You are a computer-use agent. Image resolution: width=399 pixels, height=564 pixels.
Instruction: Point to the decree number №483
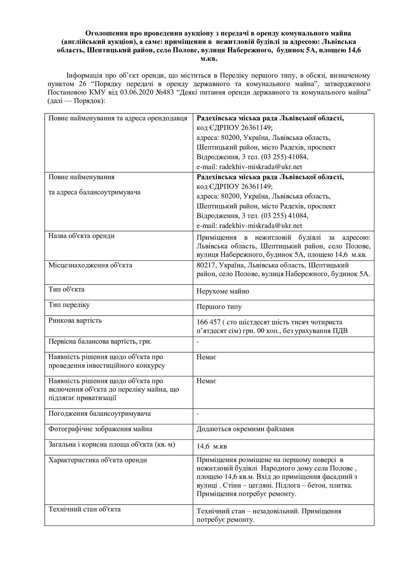click(165, 92)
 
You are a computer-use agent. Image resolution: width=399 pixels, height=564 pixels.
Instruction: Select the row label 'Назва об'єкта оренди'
click(82, 236)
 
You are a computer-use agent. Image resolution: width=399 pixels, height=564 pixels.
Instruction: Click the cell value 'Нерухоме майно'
click(223, 291)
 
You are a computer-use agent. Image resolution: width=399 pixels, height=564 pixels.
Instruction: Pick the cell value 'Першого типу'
click(219, 307)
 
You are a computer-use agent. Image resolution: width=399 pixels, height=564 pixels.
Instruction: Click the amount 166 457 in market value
click(209, 322)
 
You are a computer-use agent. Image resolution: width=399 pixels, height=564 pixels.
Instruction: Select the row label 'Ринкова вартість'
click(75, 321)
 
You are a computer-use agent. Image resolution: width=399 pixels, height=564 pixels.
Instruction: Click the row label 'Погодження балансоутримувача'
click(100, 414)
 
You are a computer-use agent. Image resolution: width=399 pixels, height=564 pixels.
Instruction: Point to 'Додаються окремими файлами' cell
click(245, 429)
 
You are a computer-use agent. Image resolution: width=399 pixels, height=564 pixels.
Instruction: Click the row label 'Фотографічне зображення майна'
click(100, 429)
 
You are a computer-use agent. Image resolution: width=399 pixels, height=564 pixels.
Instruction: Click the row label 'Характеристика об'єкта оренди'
click(98, 460)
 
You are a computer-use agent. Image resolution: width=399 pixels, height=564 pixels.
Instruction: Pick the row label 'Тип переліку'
click(69, 305)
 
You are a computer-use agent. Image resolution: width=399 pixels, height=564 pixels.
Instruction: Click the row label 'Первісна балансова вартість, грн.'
click(100, 342)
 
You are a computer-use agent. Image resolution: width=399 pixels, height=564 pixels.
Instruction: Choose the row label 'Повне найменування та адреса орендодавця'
click(118, 118)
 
